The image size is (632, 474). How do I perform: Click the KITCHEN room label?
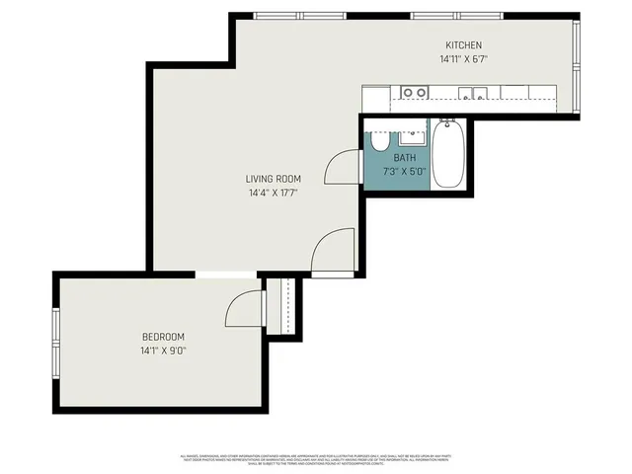pos(462,45)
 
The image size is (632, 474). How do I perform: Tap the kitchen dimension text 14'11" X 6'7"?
pos(463,59)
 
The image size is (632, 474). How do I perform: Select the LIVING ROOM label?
pos(274,179)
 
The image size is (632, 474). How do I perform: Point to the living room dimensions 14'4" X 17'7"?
pos(274,193)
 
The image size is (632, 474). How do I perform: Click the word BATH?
pos(405,158)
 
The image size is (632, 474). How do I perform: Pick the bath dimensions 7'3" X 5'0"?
pos(405,171)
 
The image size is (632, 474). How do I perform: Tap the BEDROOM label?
pos(163,337)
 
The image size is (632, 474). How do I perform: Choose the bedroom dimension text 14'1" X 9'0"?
pos(163,351)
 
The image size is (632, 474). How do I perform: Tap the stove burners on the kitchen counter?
pos(415,93)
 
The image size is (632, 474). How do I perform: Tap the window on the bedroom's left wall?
pos(56,341)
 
